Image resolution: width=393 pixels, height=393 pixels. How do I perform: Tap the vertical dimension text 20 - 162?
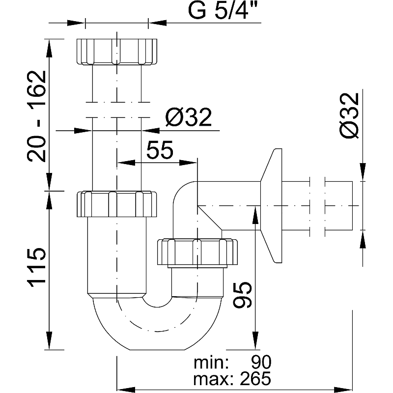click(x=37, y=116)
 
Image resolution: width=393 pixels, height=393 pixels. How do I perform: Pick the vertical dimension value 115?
click(x=37, y=268)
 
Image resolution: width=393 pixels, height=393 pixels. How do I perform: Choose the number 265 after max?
click(x=255, y=378)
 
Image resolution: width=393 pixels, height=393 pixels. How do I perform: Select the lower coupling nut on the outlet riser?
click(x=197, y=252)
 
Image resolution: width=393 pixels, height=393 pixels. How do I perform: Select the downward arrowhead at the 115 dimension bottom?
click(x=50, y=344)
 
